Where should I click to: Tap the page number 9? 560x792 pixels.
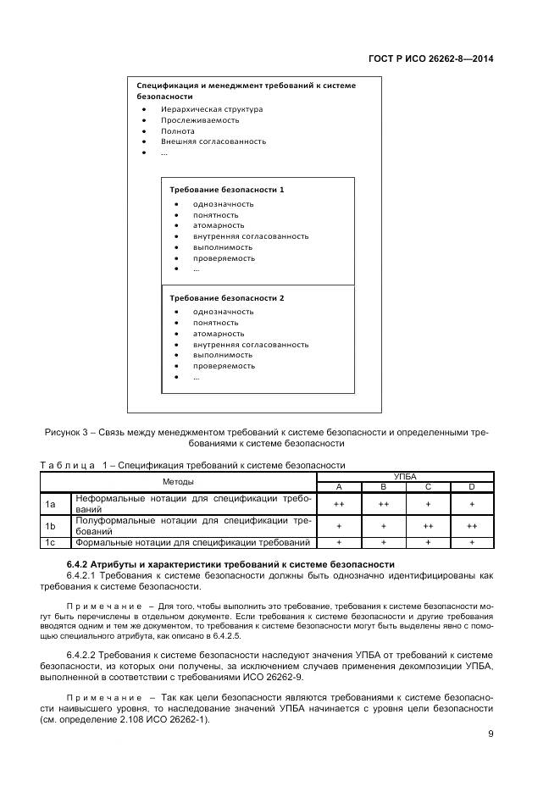point(491,734)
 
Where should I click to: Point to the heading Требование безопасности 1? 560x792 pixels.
point(226,190)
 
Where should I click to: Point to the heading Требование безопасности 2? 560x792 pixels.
point(226,298)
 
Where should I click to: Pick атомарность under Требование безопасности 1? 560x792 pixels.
point(218,225)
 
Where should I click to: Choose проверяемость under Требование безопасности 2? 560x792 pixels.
point(224,366)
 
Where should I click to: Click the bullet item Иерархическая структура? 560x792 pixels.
point(212,109)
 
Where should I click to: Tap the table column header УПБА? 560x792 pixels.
point(405,477)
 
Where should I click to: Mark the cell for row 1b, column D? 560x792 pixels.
point(472,526)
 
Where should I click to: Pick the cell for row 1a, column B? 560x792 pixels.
point(383,504)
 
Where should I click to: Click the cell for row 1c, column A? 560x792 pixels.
point(339,542)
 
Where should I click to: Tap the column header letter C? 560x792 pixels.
point(428,487)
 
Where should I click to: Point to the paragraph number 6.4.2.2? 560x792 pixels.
point(84,656)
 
